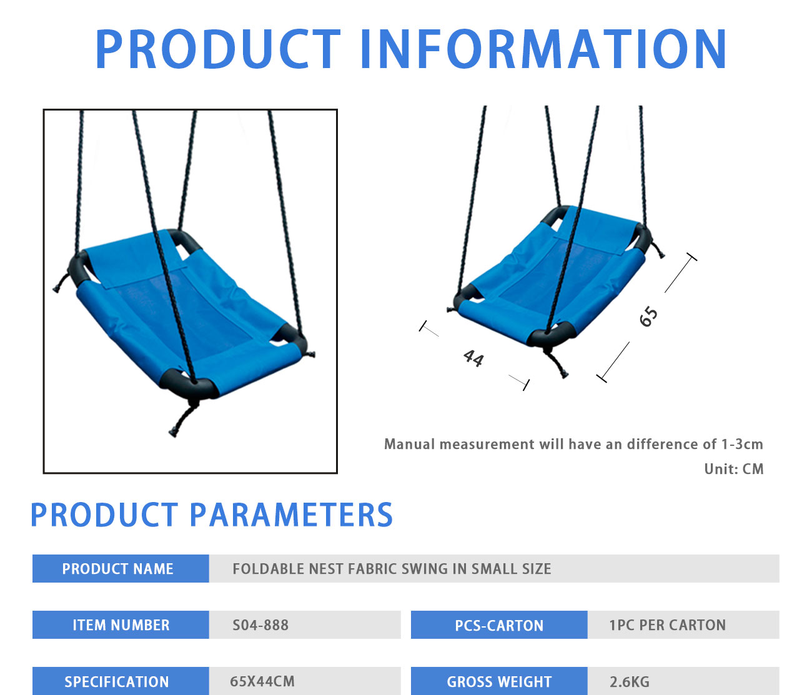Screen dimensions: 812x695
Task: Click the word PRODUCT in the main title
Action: pyautogui.click(x=217, y=49)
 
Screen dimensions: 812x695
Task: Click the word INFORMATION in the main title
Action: pyautogui.click(x=543, y=49)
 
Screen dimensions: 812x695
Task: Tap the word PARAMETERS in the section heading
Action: pyautogui.click(x=291, y=515)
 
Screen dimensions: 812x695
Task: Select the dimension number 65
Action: pyautogui.click(x=648, y=316)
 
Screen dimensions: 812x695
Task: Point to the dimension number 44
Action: pyautogui.click(x=473, y=358)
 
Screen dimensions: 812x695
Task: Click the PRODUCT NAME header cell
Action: pyautogui.click(x=121, y=569)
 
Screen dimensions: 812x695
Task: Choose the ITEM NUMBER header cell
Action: pyautogui.click(x=121, y=624)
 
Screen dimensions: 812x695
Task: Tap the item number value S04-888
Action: pyautogui.click(x=260, y=625)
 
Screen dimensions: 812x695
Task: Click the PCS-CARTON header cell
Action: pyautogui.click(x=499, y=624)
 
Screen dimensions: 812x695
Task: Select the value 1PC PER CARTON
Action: pyautogui.click(x=667, y=625)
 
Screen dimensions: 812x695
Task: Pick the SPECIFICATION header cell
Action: pyautogui.click(x=121, y=681)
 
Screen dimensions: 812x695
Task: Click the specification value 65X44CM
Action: pyautogui.click(x=262, y=681)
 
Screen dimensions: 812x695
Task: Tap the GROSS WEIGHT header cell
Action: pyautogui.click(x=499, y=681)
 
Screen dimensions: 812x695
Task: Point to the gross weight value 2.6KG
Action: pyautogui.click(x=630, y=682)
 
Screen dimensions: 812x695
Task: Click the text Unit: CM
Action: pyautogui.click(x=733, y=469)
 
